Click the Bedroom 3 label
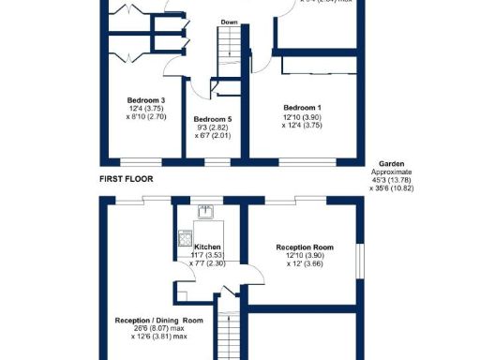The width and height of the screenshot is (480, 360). click(x=145, y=99)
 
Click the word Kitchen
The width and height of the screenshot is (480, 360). click(x=207, y=246)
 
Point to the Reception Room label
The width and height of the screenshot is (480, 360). click(x=301, y=247)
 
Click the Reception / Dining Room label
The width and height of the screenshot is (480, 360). click(x=152, y=320)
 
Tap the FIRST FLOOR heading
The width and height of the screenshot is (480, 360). click(x=126, y=177)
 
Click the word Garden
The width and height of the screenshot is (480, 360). click(x=391, y=165)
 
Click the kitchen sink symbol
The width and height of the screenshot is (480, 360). click(x=207, y=210)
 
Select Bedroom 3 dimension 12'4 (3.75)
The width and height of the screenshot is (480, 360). click(x=145, y=109)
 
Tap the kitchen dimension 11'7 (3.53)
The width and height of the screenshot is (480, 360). click(x=207, y=254)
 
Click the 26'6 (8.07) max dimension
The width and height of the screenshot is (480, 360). click(x=152, y=328)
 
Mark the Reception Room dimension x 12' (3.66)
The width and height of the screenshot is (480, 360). click(x=301, y=264)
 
